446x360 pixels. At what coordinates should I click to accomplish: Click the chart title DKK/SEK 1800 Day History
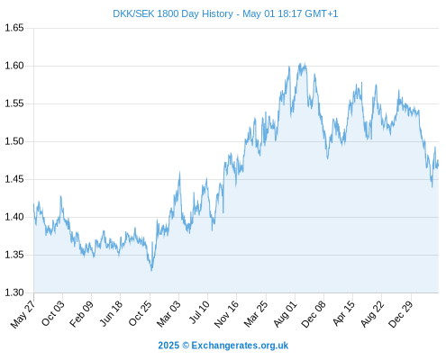(x=173, y=13)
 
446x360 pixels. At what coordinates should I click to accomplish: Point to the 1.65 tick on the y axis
(x=14, y=28)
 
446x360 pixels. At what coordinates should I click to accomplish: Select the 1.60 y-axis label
(x=14, y=66)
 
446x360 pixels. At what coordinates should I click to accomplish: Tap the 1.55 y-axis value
(x=14, y=103)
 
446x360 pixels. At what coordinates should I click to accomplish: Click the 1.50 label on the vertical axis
(x=14, y=141)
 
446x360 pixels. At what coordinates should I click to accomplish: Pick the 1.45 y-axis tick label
(x=14, y=179)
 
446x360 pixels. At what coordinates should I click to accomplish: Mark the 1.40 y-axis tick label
(x=14, y=217)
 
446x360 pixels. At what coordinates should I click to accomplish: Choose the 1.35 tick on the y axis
(x=14, y=255)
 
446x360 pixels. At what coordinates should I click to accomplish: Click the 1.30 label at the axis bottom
(x=14, y=292)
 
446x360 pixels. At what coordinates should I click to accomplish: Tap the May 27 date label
(x=23, y=314)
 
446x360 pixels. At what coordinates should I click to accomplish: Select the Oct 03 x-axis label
(x=52, y=313)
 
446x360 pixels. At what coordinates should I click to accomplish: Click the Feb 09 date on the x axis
(x=81, y=313)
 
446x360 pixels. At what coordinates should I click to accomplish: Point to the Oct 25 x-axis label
(x=140, y=313)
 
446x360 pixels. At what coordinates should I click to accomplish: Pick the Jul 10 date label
(x=199, y=312)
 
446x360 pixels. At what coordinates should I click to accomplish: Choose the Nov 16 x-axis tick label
(x=226, y=314)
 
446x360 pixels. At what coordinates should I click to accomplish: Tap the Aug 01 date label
(x=285, y=314)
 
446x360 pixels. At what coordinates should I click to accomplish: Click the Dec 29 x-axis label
(x=401, y=314)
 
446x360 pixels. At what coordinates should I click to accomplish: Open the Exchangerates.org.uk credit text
(x=223, y=346)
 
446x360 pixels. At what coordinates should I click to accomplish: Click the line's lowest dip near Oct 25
(x=151, y=271)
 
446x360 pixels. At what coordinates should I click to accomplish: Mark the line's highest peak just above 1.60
(x=305, y=63)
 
